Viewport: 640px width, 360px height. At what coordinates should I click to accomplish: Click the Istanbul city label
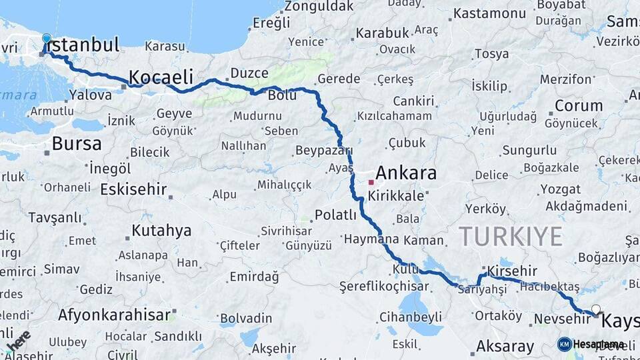tap(83, 45)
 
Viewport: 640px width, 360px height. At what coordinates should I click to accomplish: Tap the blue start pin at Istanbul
tap(46, 39)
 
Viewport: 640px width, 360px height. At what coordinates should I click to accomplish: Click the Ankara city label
tap(406, 173)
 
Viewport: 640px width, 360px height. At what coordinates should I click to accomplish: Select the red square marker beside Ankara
tap(371, 181)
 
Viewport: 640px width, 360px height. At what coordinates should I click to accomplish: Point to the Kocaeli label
tap(161, 75)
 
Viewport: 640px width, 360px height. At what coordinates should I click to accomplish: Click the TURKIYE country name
tap(511, 236)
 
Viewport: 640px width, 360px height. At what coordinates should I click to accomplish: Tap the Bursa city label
tap(77, 143)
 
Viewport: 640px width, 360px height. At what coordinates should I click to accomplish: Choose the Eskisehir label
tap(133, 189)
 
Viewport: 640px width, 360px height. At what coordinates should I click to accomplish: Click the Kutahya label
tap(161, 231)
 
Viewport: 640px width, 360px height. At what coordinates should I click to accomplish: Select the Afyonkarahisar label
tap(115, 314)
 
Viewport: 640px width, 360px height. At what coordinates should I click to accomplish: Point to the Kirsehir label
tap(512, 271)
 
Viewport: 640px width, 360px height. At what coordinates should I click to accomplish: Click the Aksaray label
tap(505, 347)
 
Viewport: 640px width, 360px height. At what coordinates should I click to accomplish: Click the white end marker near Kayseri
tap(595, 309)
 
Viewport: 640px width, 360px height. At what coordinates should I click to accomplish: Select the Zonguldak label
tap(319, 6)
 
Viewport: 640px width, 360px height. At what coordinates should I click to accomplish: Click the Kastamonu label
tap(490, 13)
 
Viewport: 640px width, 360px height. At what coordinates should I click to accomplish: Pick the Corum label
tap(578, 105)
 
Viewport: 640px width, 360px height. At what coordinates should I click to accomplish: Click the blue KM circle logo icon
tap(565, 344)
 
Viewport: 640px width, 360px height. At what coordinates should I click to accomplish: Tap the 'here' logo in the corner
tap(17, 340)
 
